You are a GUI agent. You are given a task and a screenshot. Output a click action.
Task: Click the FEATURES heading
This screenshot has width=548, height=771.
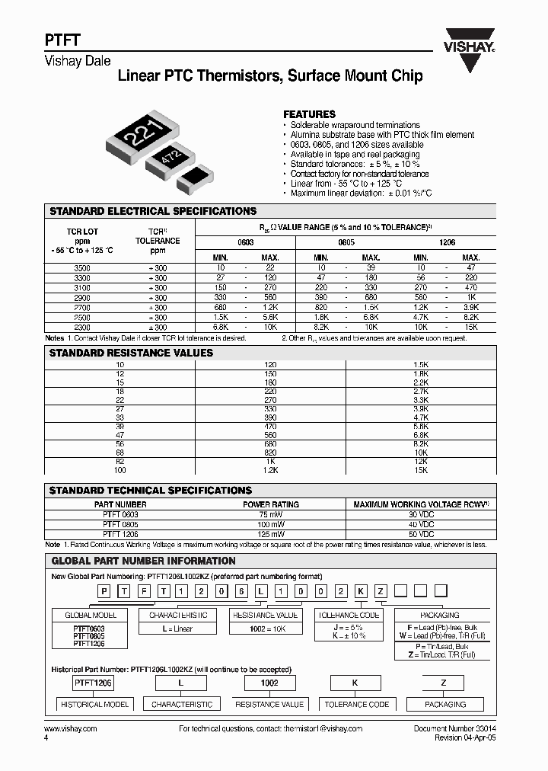tap(309, 114)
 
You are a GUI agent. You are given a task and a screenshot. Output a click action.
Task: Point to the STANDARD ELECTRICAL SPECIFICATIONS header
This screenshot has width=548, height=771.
tap(153, 211)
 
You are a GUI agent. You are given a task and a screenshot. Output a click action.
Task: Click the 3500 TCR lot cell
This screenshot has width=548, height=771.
tap(81, 269)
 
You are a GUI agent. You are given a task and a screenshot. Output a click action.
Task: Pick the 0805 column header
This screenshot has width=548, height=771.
tap(346, 242)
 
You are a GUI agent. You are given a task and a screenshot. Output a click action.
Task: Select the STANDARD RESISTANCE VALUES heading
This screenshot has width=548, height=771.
tap(131, 353)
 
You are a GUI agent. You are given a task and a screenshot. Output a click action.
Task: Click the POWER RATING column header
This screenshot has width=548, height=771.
tap(271, 504)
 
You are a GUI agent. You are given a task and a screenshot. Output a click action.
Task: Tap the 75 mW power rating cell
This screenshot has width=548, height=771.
tap(271, 514)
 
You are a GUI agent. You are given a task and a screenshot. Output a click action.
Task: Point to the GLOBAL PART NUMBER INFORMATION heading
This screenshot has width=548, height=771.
tap(143, 560)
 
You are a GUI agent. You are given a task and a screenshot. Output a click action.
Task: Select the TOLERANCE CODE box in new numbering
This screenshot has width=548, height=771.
tap(348, 615)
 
